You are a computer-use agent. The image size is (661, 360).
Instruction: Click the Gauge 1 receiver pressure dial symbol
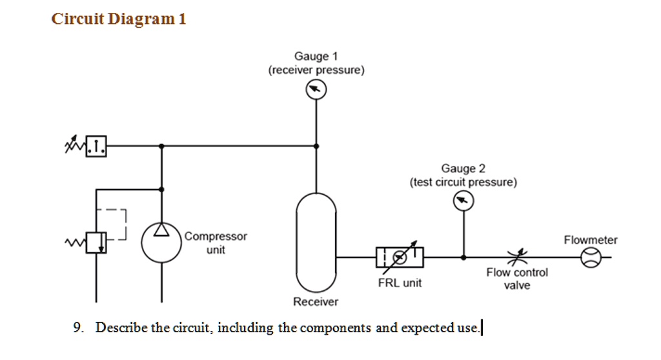316,91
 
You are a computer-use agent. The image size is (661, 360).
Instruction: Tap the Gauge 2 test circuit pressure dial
463,202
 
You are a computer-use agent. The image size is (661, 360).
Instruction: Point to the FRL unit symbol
400,257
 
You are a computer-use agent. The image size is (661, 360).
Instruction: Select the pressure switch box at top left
96,146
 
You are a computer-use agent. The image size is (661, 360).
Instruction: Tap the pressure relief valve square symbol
96,243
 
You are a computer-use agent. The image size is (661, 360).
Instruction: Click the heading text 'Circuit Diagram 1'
119,19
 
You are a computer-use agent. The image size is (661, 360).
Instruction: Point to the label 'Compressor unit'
216,243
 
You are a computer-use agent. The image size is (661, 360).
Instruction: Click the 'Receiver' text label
315,302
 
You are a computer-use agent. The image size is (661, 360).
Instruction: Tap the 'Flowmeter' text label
591,240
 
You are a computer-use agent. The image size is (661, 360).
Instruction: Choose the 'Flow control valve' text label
516,279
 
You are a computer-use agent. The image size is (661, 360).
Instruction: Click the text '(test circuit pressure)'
463,183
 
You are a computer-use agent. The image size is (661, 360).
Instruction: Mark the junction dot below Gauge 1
316,146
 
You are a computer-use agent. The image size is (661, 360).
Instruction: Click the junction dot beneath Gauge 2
463,257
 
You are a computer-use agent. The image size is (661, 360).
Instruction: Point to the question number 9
77,328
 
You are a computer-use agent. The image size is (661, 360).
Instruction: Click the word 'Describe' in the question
121,328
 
